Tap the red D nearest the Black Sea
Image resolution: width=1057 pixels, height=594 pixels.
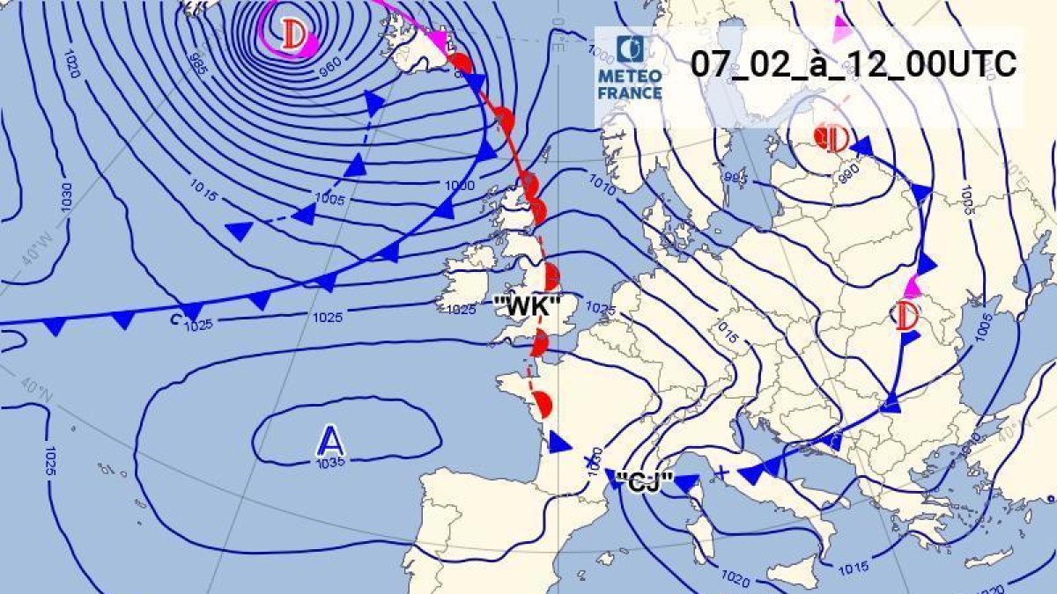906,314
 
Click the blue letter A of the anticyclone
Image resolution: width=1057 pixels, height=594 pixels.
329,439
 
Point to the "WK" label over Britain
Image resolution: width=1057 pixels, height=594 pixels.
528,307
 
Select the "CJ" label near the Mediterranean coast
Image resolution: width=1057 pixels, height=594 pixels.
645,480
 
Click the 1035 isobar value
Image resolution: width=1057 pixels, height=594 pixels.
329,461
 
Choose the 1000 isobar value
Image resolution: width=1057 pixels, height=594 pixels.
460,185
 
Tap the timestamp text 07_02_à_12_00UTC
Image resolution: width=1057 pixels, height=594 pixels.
853,64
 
